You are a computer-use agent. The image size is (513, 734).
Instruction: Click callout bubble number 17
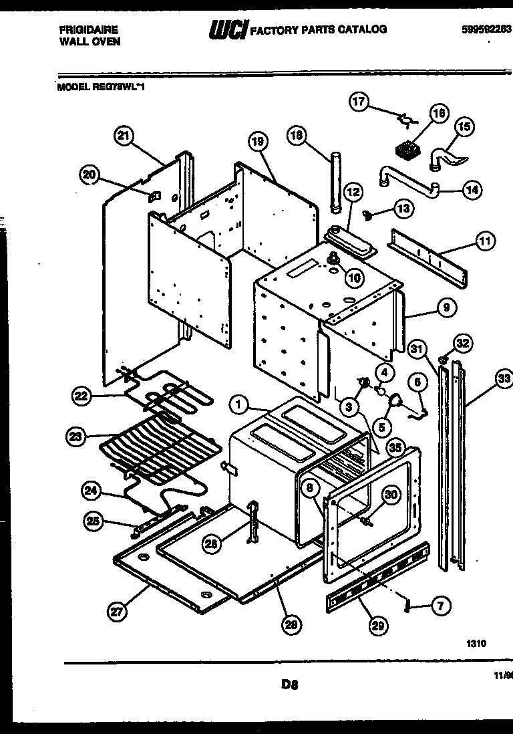click(x=359, y=102)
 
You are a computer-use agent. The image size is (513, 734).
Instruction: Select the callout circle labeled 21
click(x=122, y=136)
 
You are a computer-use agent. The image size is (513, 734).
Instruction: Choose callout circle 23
click(x=77, y=438)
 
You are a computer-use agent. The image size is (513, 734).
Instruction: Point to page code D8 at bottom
click(x=289, y=684)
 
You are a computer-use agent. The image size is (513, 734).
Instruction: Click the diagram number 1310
click(x=476, y=644)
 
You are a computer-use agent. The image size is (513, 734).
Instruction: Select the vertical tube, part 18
click(x=335, y=182)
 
